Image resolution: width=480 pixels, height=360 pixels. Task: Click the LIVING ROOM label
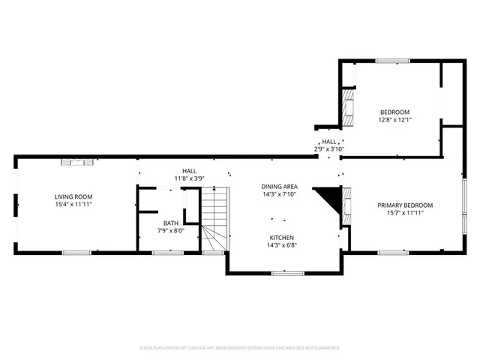(x=73, y=196)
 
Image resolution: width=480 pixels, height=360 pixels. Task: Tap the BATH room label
(x=170, y=223)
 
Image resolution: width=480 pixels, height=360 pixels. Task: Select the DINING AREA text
(x=279, y=187)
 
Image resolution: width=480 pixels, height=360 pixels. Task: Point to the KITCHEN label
(x=282, y=237)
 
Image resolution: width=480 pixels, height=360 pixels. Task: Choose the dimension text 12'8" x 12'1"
(x=394, y=118)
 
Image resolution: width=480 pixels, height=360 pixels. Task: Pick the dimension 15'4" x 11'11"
(x=73, y=204)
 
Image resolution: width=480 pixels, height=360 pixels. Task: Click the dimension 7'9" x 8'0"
(x=170, y=230)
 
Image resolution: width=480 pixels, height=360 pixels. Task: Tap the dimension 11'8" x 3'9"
(x=189, y=178)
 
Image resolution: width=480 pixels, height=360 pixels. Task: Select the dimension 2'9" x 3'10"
(x=328, y=148)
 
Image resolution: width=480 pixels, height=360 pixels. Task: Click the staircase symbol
(x=213, y=220)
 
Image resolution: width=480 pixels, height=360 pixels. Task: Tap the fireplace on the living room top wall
(x=78, y=160)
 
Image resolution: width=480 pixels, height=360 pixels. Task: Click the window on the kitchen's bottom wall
(x=282, y=273)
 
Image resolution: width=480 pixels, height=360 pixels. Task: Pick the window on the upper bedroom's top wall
(x=392, y=61)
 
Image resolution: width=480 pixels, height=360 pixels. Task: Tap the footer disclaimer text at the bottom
(x=240, y=348)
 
